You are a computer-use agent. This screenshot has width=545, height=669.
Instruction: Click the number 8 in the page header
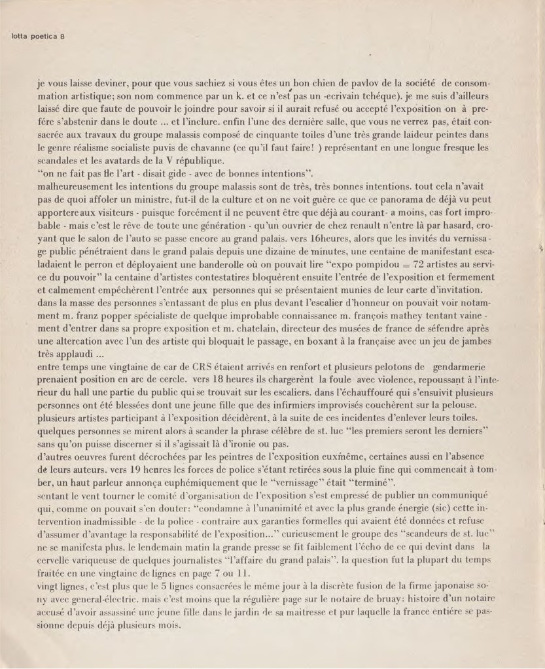click(x=62, y=36)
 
